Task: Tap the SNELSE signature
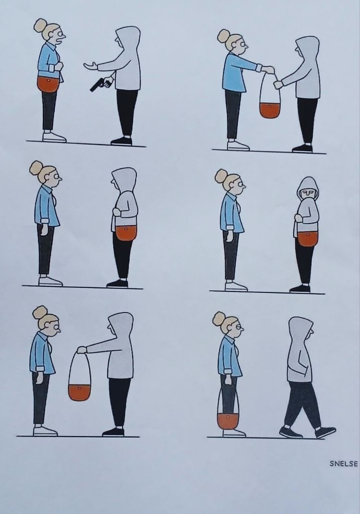[x=343, y=464]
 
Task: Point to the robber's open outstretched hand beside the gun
[x=90, y=66]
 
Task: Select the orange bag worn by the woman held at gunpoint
[x=48, y=84]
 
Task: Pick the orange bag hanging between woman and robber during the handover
[x=270, y=110]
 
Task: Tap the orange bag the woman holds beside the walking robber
[x=228, y=421]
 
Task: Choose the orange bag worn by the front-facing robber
[x=308, y=238]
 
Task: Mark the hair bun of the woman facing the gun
[x=40, y=25]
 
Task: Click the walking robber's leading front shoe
[x=325, y=432]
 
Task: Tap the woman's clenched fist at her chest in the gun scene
[x=58, y=66]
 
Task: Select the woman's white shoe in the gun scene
[x=54, y=137]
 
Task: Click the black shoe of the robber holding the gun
[x=122, y=141]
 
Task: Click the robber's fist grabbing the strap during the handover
[x=278, y=84]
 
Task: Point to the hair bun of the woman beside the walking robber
[x=219, y=319]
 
